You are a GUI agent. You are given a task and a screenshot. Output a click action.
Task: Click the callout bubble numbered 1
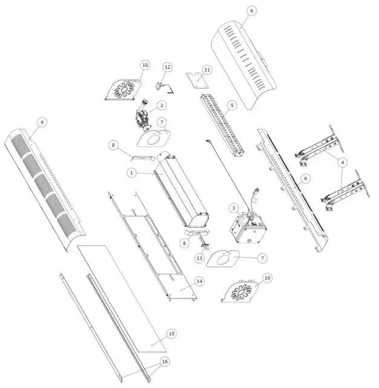coord(131,173)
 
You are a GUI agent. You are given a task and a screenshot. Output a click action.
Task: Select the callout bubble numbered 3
coord(233,208)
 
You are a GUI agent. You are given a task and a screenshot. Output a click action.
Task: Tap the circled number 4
coord(343,162)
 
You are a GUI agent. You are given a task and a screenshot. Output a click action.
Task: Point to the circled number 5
coord(230,105)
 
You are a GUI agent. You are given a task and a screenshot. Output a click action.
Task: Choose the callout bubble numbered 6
coord(251,11)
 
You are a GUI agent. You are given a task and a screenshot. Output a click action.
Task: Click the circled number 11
coord(207,70)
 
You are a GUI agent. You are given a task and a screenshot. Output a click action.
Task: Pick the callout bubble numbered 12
coord(167,66)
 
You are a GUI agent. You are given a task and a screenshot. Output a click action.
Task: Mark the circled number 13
coord(200,258)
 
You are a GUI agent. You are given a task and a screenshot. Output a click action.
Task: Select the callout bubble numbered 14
coord(199,281)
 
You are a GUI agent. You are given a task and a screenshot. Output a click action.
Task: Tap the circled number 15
coord(171,334)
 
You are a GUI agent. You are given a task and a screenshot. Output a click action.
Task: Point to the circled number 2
coord(161,105)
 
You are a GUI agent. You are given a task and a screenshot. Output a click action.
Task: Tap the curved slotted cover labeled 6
coord(242,66)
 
